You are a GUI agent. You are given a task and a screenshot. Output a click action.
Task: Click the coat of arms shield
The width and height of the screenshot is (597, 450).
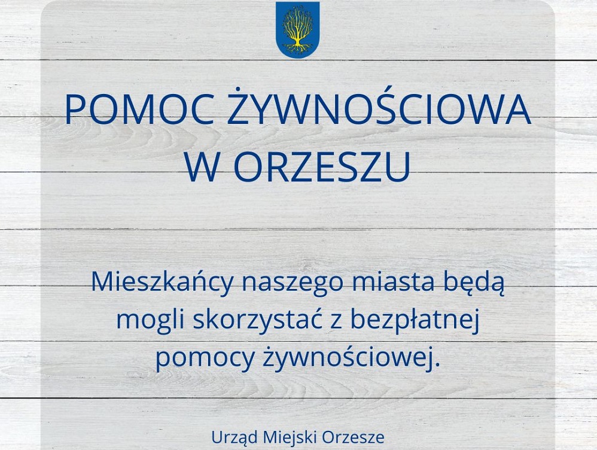[x=297, y=29]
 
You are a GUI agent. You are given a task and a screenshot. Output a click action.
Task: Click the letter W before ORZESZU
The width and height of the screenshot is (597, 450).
[x=204, y=169]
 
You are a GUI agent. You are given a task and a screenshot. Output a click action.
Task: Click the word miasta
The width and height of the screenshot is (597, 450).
[x=382, y=282]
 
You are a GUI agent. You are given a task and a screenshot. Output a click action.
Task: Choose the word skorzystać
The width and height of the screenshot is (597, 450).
[x=252, y=321]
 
